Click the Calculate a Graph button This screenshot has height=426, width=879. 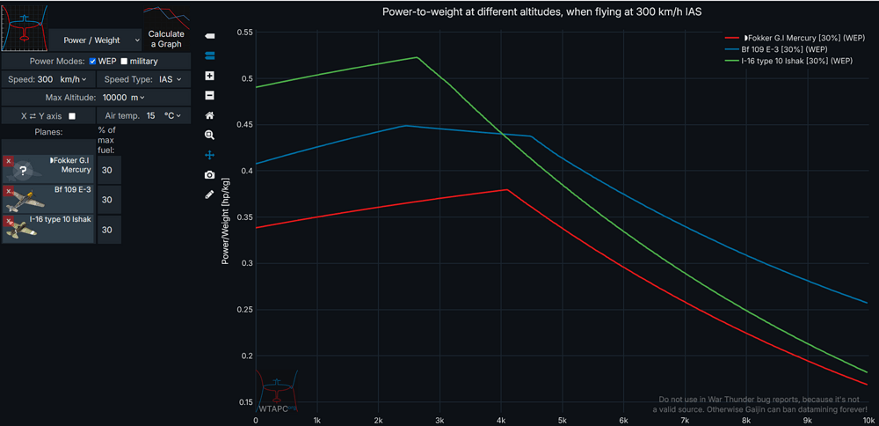pyautogui.click(x=166, y=40)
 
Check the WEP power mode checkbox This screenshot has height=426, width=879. pyautogui.click(x=92, y=62)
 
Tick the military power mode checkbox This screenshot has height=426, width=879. pyautogui.click(x=124, y=62)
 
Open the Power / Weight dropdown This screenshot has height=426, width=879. pyautogui.click(x=96, y=40)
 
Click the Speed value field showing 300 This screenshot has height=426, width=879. pyautogui.click(x=46, y=79)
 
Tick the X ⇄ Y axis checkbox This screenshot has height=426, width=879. pyautogui.click(x=72, y=116)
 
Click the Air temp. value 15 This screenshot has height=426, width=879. pyautogui.click(x=151, y=116)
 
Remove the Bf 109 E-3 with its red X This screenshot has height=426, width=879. pyautogui.click(x=8, y=191)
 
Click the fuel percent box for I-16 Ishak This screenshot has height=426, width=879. pyautogui.click(x=109, y=230)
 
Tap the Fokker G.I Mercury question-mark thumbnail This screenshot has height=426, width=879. pyautogui.click(x=24, y=171)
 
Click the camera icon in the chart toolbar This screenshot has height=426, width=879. pyautogui.click(x=209, y=175)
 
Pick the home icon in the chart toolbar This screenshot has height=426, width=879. pyautogui.click(x=209, y=115)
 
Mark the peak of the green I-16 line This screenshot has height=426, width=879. pyautogui.click(x=417, y=57)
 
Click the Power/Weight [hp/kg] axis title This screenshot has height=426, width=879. pyautogui.click(x=226, y=220)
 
